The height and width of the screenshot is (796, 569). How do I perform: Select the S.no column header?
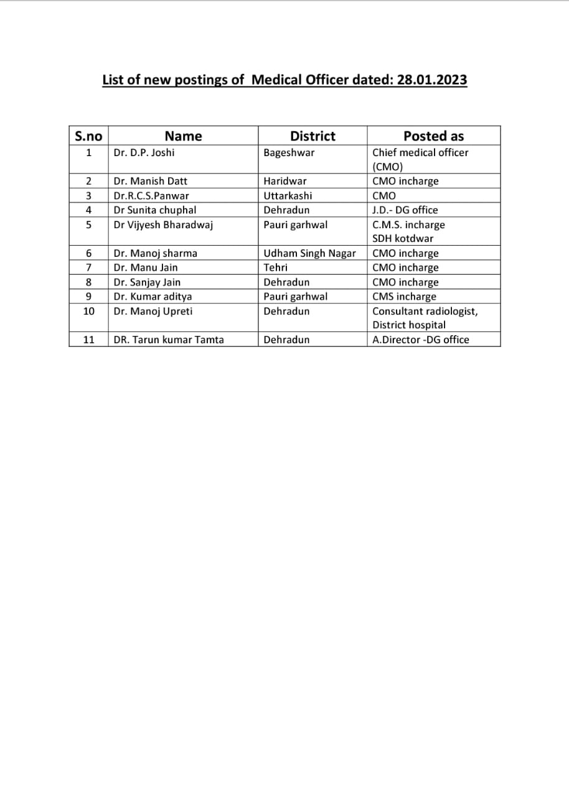[88, 136]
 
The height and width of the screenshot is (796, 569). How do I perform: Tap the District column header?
[313, 136]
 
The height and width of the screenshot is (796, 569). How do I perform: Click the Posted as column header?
[433, 136]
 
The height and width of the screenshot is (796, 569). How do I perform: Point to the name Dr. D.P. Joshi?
[144, 152]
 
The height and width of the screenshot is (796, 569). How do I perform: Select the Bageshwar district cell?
[289, 152]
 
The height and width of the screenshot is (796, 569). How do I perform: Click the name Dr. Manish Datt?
[150, 181]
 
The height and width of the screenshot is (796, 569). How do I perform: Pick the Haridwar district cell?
[285, 181]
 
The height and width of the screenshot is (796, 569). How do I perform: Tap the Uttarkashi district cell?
[288, 195]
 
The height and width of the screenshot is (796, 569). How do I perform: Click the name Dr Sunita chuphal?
[155, 210]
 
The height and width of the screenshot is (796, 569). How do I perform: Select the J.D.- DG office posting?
[405, 210]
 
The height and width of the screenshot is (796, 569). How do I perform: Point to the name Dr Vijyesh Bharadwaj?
[163, 224]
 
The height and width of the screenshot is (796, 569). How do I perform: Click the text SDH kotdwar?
[403, 238]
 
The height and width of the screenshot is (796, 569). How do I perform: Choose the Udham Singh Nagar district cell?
[309, 253]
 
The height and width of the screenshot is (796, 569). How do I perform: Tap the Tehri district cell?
[276, 267]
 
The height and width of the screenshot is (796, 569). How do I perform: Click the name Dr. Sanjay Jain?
[147, 282]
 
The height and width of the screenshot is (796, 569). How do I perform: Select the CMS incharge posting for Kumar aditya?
[404, 297]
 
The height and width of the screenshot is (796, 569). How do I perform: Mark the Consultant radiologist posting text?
[425, 311]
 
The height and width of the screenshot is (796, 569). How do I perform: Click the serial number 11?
[88, 340]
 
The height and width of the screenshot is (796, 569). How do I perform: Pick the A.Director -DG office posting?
[421, 340]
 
